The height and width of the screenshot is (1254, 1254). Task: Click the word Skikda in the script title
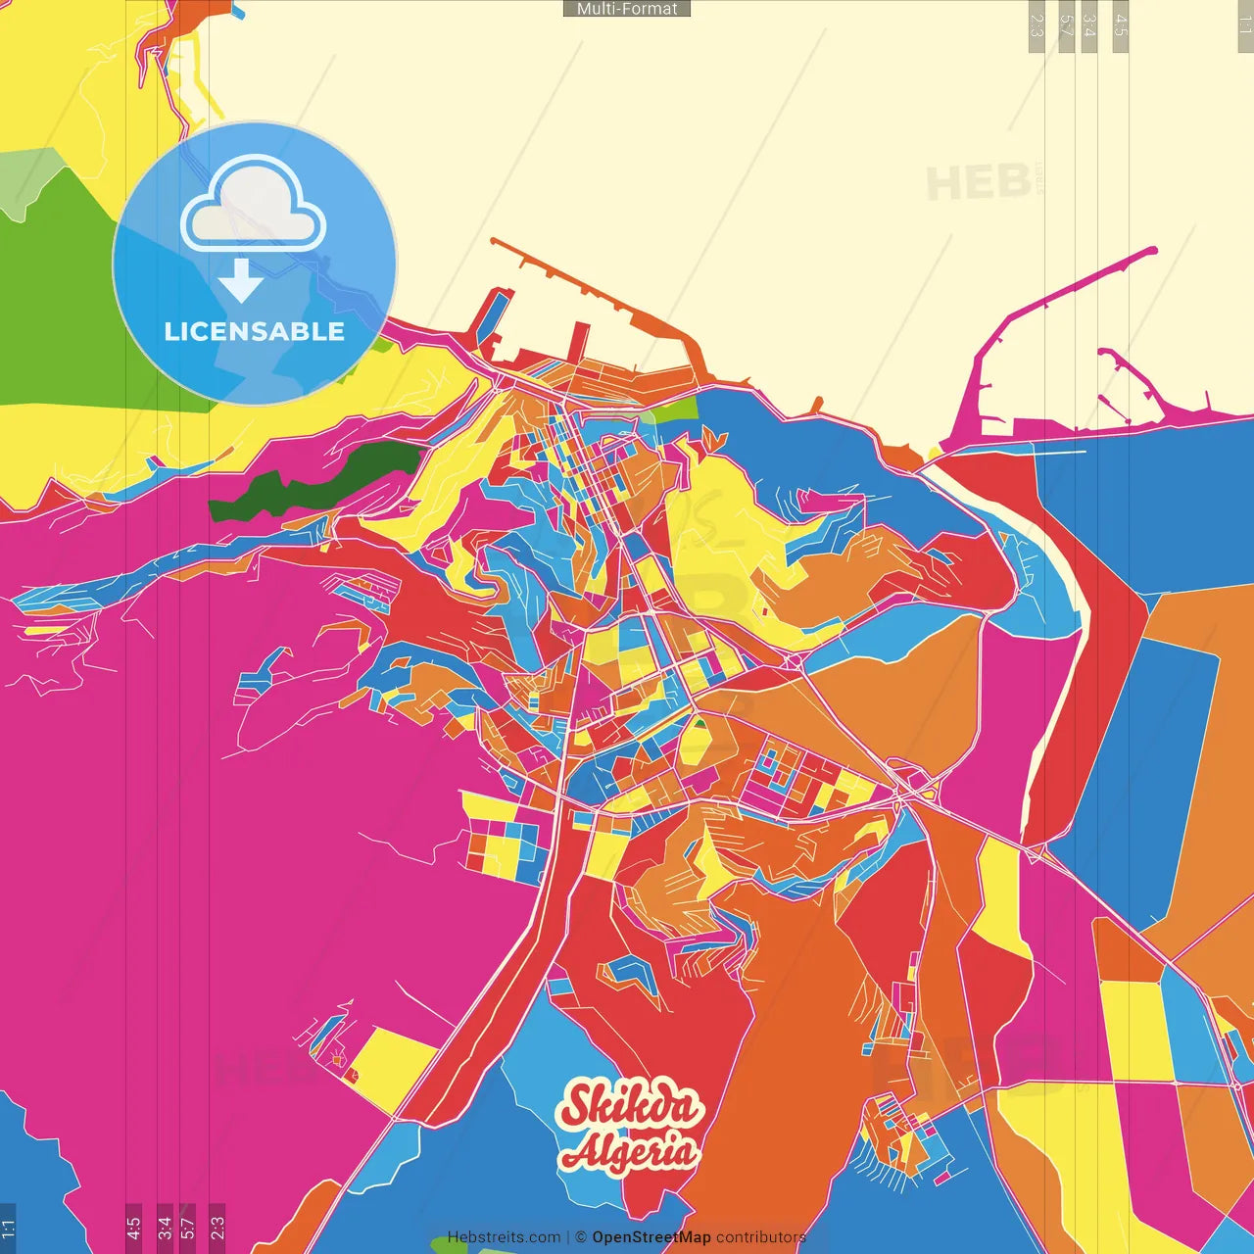(x=631, y=1106)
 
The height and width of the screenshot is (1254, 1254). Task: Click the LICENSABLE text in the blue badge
(x=255, y=332)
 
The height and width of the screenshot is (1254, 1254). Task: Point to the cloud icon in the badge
(x=254, y=206)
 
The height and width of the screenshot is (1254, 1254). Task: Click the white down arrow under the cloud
(x=240, y=282)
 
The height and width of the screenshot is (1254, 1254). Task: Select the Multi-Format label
(x=627, y=9)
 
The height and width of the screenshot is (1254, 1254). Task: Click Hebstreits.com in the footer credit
(x=504, y=1237)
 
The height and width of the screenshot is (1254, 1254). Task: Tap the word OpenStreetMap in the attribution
(x=651, y=1237)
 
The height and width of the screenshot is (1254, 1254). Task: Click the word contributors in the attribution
(x=760, y=1237)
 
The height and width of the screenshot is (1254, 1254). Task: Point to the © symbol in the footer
(x=581, y=1237)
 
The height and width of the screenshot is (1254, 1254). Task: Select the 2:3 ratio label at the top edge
(x=1037, y=25)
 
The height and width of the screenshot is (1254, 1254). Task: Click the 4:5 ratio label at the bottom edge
(x=134, y=1227)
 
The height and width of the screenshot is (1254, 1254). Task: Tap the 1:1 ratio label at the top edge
(x=1244, y=25)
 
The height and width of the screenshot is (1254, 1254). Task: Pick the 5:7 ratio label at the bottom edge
(x=187, y=1227)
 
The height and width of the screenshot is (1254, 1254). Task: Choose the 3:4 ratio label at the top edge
(x=1089, y=25)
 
